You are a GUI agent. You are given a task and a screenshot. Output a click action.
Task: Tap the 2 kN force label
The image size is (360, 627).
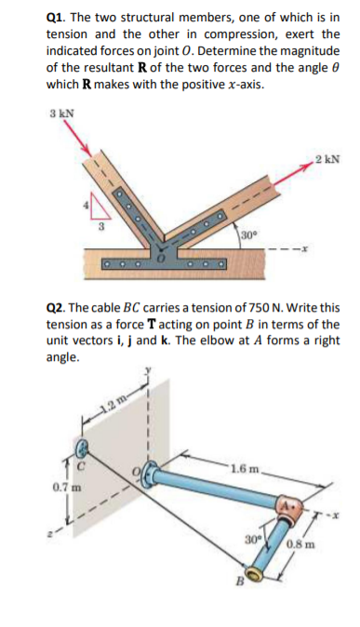point(327,158)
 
